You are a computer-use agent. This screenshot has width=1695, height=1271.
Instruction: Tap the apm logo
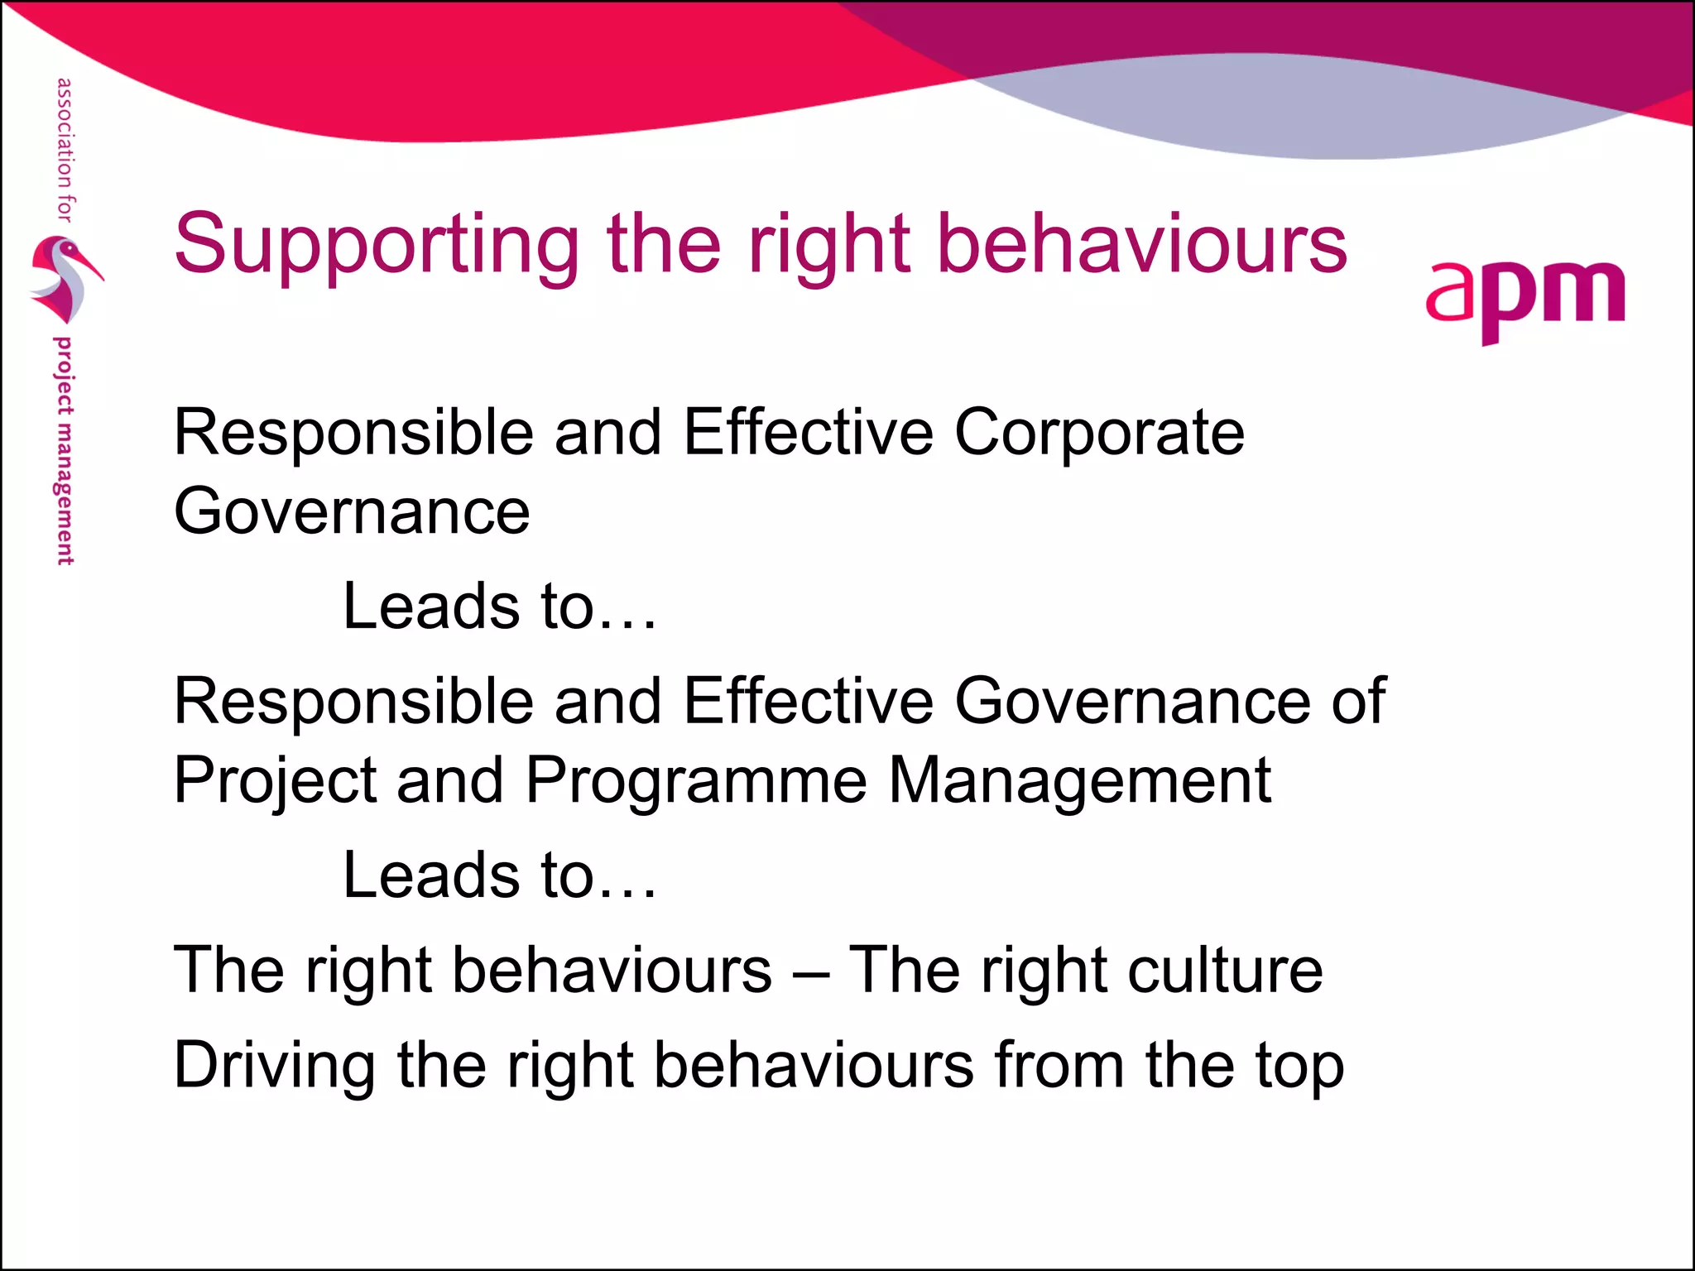click(x=1525, y=298)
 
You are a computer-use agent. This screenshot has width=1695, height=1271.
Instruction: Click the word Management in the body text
click(x=1079, y=780)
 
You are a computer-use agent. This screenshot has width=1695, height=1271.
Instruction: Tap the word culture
click(x=1225, y=970)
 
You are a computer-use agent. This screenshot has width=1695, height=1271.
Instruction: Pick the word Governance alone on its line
click(x=352, y=512)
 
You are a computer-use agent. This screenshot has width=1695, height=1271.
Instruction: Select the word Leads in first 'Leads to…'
click(x=430, y=607)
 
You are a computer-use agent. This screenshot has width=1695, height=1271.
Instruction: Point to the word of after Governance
click(x=1358, y=702)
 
